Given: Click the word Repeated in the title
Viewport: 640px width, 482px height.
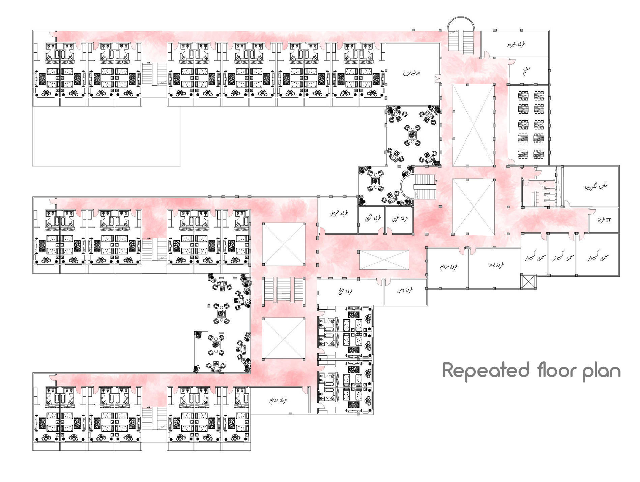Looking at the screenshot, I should click(486, 370).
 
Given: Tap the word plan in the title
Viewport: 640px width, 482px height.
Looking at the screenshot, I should click(601, 372).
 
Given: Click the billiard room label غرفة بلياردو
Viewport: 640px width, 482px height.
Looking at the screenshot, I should click(516, 44).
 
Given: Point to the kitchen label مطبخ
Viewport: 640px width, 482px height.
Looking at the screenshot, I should click(526, 70).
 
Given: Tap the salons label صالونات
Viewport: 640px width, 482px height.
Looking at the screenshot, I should click(411, 73).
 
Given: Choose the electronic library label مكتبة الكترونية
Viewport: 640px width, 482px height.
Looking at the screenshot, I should click(596, 186).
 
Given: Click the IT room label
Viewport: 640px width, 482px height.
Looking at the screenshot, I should click(604, 220).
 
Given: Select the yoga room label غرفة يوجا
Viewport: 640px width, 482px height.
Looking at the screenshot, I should click(496, 265).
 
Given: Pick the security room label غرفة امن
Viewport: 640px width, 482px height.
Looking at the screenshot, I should click(405, 290).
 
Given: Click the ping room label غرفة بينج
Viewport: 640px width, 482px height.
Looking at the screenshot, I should click(346, 291).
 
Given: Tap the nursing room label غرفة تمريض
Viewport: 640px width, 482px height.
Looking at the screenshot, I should click(339, 213).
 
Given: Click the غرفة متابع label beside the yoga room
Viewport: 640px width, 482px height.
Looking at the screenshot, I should click(448, 267).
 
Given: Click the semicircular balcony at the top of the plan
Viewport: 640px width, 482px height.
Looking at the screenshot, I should click(461, 24).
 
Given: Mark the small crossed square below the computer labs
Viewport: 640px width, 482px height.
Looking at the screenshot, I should click(528, 281).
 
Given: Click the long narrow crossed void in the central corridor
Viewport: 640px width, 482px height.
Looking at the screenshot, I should click(384, 260).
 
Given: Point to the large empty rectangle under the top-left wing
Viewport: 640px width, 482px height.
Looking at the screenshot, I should click(106, 136).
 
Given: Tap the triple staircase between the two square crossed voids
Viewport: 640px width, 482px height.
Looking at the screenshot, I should click(283, 289).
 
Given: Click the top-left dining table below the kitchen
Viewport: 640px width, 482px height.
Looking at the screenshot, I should click(523, 96).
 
